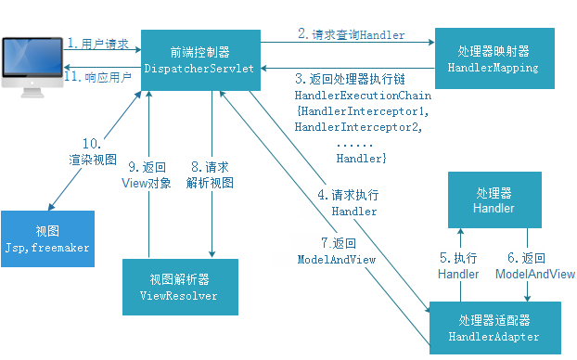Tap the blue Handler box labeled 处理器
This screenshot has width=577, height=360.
(494, 199)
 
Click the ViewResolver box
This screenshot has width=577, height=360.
(181, 289)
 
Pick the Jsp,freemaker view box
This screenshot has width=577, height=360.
(47, 238)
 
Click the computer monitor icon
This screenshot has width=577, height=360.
(30, 62)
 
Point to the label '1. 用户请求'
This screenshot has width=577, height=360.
(98, 44)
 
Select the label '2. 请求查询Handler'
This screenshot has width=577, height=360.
(351, 34)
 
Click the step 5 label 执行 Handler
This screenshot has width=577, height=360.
(459, 265)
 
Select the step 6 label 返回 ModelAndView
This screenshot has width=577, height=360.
(534, 265)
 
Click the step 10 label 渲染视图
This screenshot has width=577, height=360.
(92, 151)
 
